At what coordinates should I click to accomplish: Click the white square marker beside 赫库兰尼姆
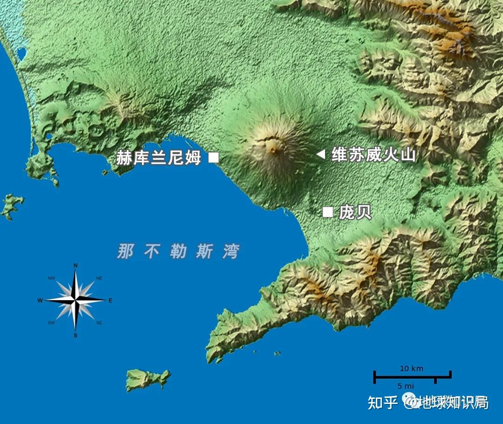[213, 157]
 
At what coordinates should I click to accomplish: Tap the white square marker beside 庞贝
[328, 212]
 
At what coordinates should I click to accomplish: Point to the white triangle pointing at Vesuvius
[320, 154]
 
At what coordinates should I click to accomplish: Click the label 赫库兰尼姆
[158, 158]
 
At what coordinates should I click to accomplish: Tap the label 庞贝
[355, 212]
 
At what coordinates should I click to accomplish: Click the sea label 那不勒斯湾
[178, 252]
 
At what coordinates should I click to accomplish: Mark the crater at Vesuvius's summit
[272, 150]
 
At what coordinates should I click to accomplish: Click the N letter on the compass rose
[75, 266]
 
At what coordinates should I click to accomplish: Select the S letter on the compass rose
[75, 335]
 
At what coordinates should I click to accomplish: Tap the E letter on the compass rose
[110, 301]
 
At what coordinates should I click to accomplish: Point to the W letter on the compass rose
[40, 301]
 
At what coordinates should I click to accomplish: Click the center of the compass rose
[75, 301]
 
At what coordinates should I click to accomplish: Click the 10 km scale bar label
[412, 369]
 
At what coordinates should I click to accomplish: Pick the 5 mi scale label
[405, 386]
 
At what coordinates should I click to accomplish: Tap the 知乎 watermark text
[382, 402]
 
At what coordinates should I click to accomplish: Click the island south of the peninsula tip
[147, 379]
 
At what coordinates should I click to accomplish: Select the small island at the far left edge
[12, 205]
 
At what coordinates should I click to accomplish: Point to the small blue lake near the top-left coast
[21, 55]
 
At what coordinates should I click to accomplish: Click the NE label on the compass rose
[99, 278]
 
